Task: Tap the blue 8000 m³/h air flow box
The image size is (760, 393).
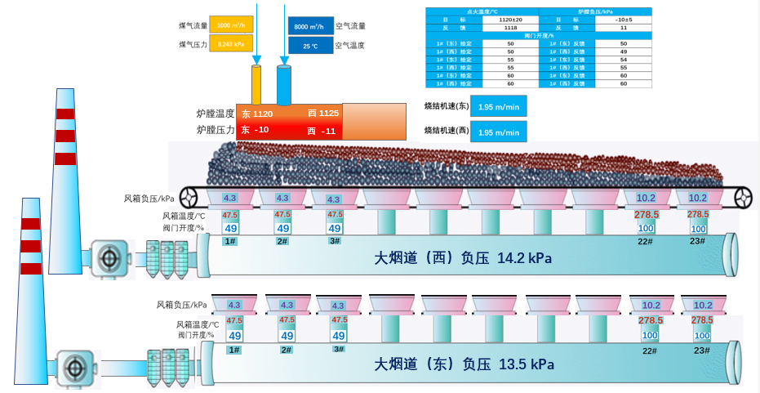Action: click(x=310, y=26)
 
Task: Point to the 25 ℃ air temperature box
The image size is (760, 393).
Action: click(x=310, y=47)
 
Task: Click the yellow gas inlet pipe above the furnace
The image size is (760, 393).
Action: click(x=256, y=85)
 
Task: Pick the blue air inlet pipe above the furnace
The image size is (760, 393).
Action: click(x=284, y=85)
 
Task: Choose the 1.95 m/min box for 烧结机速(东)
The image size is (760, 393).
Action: click(x=498, y=107)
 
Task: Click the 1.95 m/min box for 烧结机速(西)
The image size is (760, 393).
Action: click(x=498, y=132)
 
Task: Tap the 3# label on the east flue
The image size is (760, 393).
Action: click(x=338, y=349)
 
